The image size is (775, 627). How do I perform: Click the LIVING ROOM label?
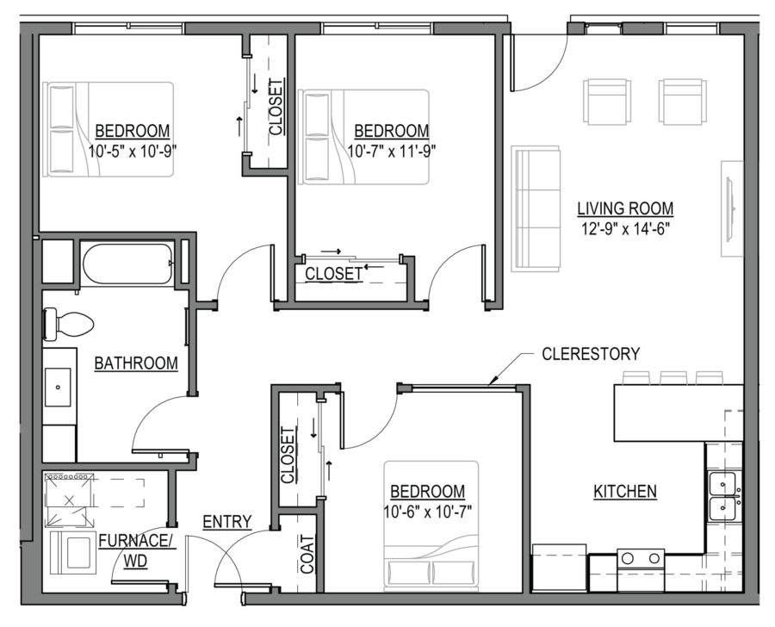pos(625,208)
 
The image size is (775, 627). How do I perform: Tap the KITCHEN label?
pos(625,492)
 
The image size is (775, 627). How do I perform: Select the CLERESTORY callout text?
pos(591,353)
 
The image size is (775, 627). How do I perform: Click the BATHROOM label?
pos(136,363)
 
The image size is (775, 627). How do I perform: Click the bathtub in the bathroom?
pos(128,263)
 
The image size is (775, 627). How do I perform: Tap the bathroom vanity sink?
pos(59,387)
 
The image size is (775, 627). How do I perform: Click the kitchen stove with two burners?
pos(640,559)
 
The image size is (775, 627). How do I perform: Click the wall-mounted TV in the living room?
pos(731,208)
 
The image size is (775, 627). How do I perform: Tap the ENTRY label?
pos(226,521)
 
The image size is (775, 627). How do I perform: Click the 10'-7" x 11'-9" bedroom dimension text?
pos(392,150)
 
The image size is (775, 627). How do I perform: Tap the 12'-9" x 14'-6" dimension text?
pos(625,228)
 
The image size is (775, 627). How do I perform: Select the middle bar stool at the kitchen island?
pos(673,377)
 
